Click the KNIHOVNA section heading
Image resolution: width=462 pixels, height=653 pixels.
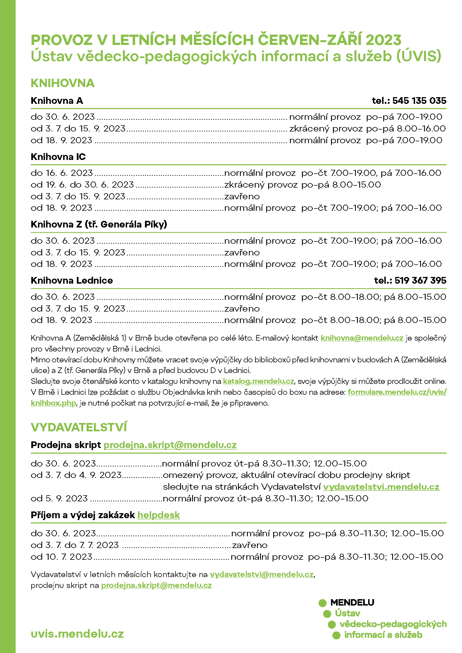[x=63, y=83]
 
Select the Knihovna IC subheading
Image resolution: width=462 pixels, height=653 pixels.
[x=58, y=157]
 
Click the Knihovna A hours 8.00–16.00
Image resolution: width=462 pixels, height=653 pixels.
[x=421, y=128]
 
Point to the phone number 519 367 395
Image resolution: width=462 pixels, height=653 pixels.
[x=420, y=280]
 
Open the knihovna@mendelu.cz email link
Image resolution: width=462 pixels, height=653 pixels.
[x=362, y=338]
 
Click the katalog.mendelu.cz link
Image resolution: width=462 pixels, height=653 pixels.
[x=258, y=381]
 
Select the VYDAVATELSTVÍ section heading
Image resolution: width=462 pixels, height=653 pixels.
[x=79, y=427]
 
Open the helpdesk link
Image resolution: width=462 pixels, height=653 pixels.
[x=159, y=515]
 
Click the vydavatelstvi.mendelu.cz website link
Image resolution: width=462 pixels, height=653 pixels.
[x=381, y=487]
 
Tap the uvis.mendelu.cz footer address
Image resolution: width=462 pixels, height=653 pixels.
[x=77, y=634]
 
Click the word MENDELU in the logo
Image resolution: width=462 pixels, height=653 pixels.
[x=352, y=602]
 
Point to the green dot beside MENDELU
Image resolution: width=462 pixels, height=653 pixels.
[x=322, y=603]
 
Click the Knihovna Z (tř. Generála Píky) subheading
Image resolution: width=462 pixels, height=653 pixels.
[x=99, y=224]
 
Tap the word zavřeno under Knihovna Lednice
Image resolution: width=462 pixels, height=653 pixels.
[x=242, y=308]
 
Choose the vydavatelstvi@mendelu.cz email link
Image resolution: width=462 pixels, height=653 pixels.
[x=261, y=575]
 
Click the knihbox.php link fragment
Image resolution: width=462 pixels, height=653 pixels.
[x=53, y=403]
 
